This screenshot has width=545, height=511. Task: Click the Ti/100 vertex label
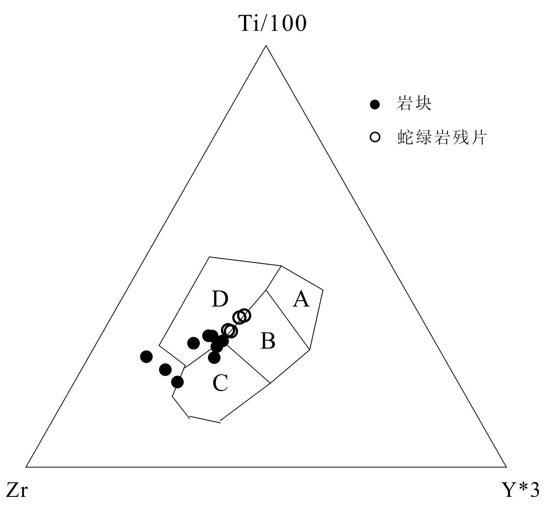click(272, 23)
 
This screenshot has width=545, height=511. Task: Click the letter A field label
click(301, 299)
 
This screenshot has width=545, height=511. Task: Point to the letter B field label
click(268, 341)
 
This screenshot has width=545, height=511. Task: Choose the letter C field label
click(220, 383)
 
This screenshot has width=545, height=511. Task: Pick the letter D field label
click(220, 299)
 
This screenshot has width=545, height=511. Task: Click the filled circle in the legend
click(375, 104)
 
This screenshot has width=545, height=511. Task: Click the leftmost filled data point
click(146, 357)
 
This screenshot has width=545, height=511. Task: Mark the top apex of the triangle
click(266, 46)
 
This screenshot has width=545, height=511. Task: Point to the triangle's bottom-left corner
click(26, 467)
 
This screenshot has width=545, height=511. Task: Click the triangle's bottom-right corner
click(506, 467)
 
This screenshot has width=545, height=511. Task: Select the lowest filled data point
click(177, 382)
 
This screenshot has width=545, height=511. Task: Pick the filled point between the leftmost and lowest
click(165, 369)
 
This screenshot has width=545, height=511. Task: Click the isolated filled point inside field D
click(193, 343)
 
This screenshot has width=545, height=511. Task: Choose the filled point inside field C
click(214, 358)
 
